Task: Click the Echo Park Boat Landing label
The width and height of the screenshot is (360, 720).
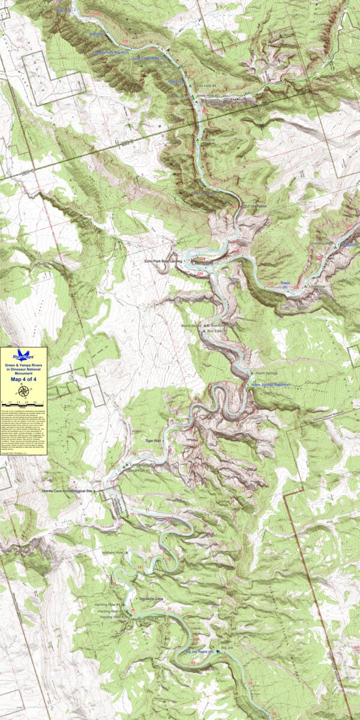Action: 163,262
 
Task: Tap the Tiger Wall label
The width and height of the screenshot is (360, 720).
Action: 154,440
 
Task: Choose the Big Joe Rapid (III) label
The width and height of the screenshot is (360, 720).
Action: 199,651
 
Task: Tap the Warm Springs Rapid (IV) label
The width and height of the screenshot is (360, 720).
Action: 271,384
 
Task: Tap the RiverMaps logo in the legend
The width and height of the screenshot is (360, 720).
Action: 23,355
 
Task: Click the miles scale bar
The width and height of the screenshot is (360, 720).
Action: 23,400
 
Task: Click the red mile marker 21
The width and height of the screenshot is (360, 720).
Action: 170,610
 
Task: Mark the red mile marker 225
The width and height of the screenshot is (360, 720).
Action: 200,274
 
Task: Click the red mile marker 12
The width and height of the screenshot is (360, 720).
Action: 131,514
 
